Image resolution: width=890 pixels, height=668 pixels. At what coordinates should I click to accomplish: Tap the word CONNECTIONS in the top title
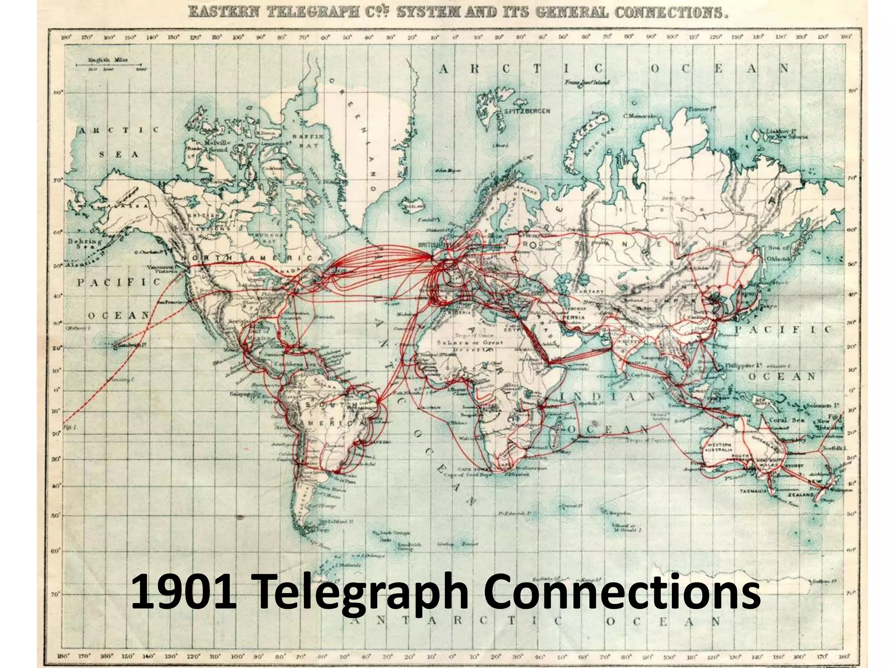pyautogui.click(x=670, y=13)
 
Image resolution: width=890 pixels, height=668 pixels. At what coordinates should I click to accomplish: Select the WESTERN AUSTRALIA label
pyautogui.click(x=721, y=448)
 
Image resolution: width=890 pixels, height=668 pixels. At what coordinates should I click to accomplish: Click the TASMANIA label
pyautogui.click(x=754, y=491)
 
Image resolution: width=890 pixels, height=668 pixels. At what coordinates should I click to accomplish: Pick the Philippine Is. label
pyautogui.click(x=744, y=366)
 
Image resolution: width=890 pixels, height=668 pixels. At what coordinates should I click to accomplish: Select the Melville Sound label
pyautogui.click(x=216, y=146)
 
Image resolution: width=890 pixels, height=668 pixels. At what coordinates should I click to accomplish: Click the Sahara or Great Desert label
pyautogui.click(x=469, y=346)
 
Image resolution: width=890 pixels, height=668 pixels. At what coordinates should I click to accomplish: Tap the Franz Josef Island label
pyautogui.click(x=587, y=82)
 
